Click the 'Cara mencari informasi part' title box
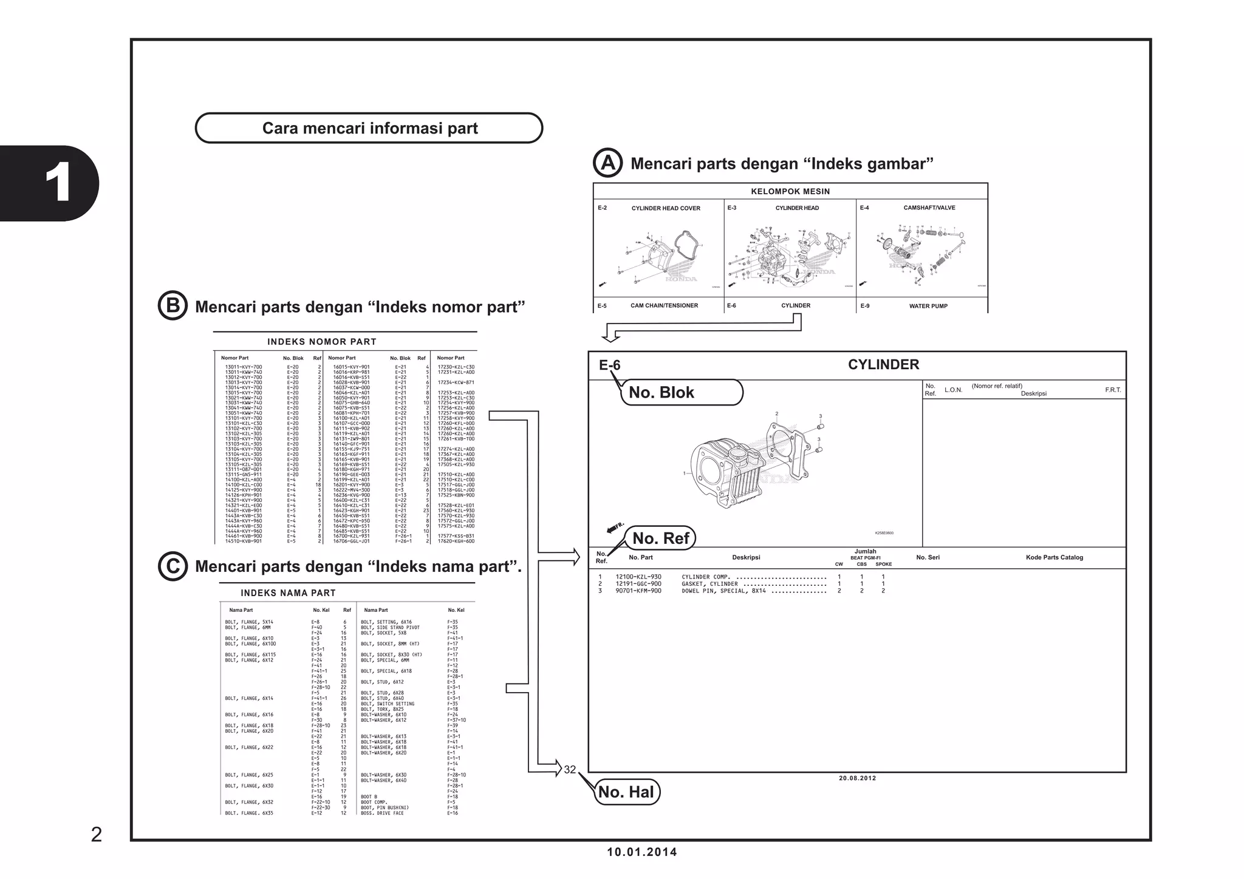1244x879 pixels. (369, 128)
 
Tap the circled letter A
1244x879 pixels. (607, 163)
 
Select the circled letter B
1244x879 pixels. (173, 305)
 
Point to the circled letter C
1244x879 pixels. (173, 566)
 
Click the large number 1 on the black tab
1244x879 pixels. (58, 183)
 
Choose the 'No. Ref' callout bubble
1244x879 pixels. (660, 538)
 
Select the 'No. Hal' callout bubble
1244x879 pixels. (626, 792)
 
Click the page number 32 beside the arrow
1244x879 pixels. (570, 769)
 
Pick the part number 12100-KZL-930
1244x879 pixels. (638, 577)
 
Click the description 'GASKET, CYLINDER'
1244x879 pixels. (709, 584)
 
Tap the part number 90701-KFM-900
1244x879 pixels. (638, 591)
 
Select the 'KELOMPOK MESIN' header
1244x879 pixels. (790, 191)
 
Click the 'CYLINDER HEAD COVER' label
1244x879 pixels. (666, 208)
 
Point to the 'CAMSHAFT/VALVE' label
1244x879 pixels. (929, 208)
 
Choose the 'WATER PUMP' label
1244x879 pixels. (928, 306)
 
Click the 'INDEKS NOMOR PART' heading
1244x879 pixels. (322, 342)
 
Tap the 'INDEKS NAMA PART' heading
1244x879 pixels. (288, 593)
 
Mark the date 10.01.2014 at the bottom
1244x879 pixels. (642, 852)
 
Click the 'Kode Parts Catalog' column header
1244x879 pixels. (1054, 557)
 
